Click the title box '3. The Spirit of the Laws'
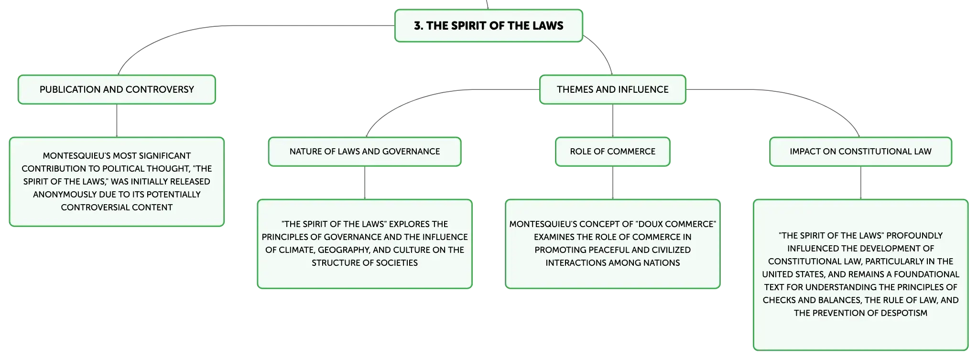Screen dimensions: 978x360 coord(489,26)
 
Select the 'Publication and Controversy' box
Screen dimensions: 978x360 coord(117,89)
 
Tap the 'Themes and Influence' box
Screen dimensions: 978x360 coord(613,89)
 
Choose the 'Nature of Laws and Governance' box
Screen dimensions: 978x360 coord(365,152)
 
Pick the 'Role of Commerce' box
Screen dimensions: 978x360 coord(613,152)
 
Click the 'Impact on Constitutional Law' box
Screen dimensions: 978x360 coord(860,152)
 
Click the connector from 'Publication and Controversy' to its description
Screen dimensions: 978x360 coord(117,120)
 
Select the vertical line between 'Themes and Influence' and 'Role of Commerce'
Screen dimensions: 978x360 coord(613,120)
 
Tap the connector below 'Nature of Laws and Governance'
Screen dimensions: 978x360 coord(365,183)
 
